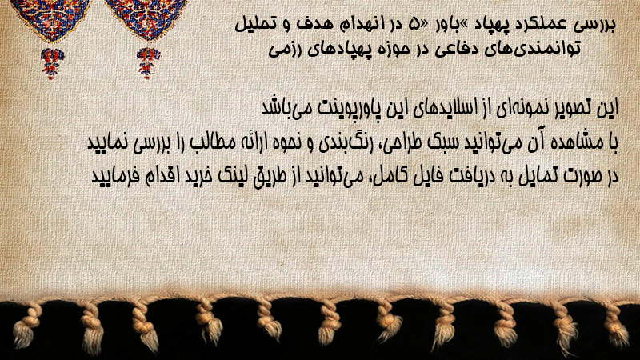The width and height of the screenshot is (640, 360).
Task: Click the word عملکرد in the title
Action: (541, 24)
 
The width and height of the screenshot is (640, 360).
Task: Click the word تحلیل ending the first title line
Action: (254, 25)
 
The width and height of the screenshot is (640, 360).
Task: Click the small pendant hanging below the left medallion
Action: (52, 62)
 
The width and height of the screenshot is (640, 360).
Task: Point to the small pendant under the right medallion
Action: (148, 62)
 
